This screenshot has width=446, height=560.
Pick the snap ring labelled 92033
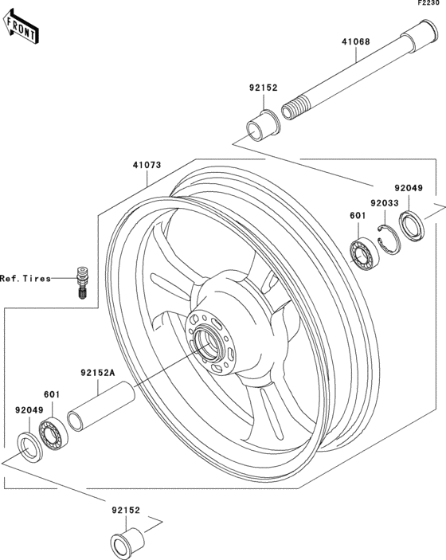[388, 241]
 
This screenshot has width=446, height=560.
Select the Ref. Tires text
[25, 279]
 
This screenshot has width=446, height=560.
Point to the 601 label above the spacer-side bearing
[53, 394]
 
